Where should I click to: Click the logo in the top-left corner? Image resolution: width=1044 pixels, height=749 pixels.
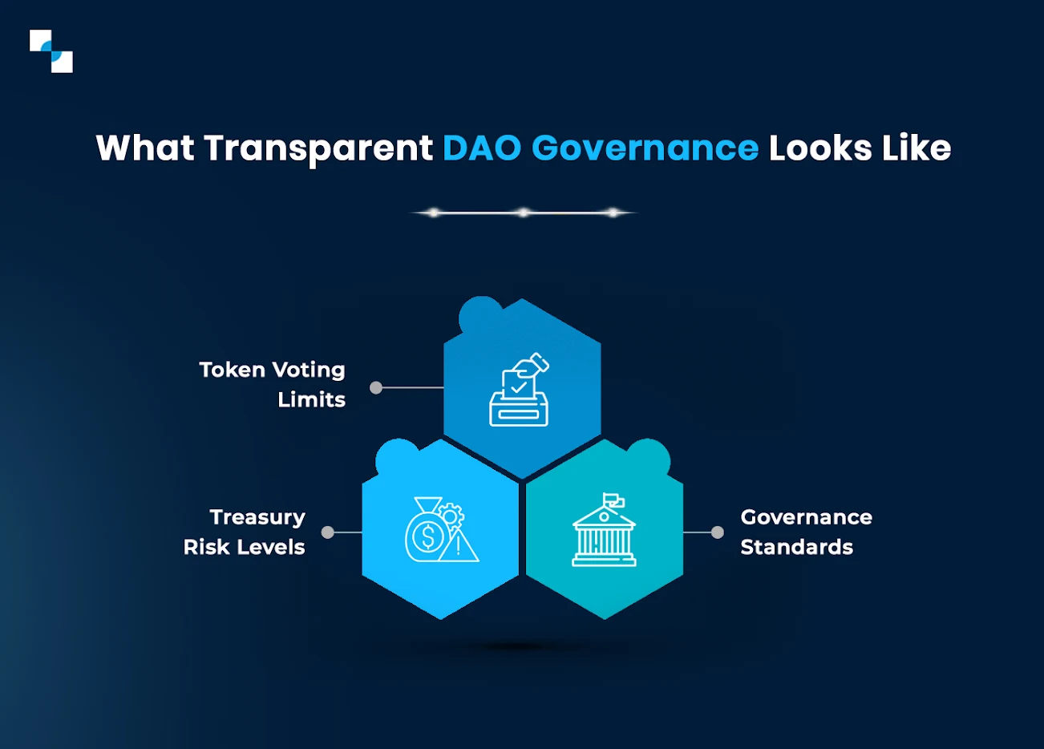(51, 51)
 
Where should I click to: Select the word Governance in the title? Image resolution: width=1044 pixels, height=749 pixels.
(645, 148)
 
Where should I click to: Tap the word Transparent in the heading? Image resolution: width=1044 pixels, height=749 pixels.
(318, 148)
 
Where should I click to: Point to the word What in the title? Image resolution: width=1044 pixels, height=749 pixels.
(144, 148)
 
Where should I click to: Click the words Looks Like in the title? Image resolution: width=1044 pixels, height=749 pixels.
(860, 148)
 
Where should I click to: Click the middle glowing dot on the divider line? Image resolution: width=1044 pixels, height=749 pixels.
(523, 213)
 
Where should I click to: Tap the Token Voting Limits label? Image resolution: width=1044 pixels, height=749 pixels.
(273, 384)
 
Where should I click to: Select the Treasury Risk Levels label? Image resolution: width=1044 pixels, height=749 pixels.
(245, 532)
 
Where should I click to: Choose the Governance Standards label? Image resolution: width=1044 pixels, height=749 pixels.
(806, 532)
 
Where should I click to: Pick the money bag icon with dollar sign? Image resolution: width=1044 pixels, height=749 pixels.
(427, 533)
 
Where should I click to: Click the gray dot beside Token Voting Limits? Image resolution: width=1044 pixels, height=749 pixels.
(376, 388)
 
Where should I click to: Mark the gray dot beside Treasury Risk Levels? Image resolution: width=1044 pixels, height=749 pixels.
(327, 532)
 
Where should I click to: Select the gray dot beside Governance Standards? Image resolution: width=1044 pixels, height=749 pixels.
(718, 532)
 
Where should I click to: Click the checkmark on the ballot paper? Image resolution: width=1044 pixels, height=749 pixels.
(519, 387)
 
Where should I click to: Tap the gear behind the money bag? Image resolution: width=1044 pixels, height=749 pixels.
(451, 514)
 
